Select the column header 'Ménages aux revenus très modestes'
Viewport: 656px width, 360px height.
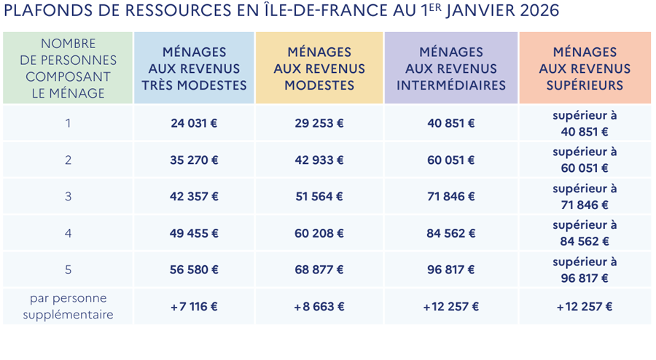pos(194,69)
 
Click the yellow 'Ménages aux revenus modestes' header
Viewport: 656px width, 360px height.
pos(319,69)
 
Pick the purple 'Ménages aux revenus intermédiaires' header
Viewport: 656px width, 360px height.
pos(450,69)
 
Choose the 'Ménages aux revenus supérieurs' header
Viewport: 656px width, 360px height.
pos(585,69)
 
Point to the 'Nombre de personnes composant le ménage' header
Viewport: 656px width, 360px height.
pos(68,69)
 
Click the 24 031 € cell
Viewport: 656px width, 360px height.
pos(194,123)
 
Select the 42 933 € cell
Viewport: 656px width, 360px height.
pos(319,160)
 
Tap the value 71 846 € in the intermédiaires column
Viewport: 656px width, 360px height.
pos(450,197)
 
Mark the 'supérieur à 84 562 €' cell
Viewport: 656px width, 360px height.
pos(585,233)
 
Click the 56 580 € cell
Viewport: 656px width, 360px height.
pos(194,270)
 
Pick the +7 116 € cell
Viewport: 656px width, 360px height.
pos(194,307)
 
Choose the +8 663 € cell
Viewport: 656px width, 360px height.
pos(319,307)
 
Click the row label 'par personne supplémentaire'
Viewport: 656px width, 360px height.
pos(68,307)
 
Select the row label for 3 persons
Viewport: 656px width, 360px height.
pos(68,197)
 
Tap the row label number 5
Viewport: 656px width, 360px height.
pos(68,270)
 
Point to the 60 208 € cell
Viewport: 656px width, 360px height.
pos(319,233)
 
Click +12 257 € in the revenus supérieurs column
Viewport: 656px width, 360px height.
pos(585,307)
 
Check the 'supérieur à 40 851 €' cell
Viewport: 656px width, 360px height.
pos(585,123)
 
